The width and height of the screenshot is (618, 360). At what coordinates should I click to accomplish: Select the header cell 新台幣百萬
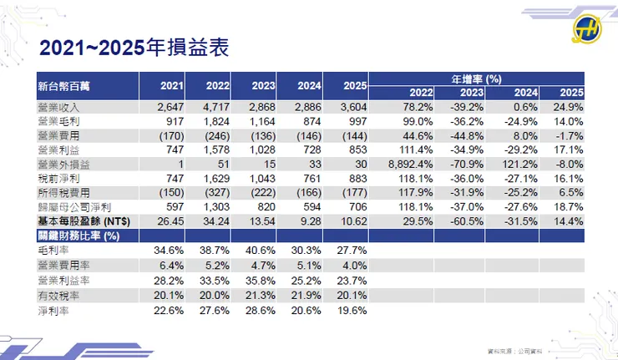[66, 86]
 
